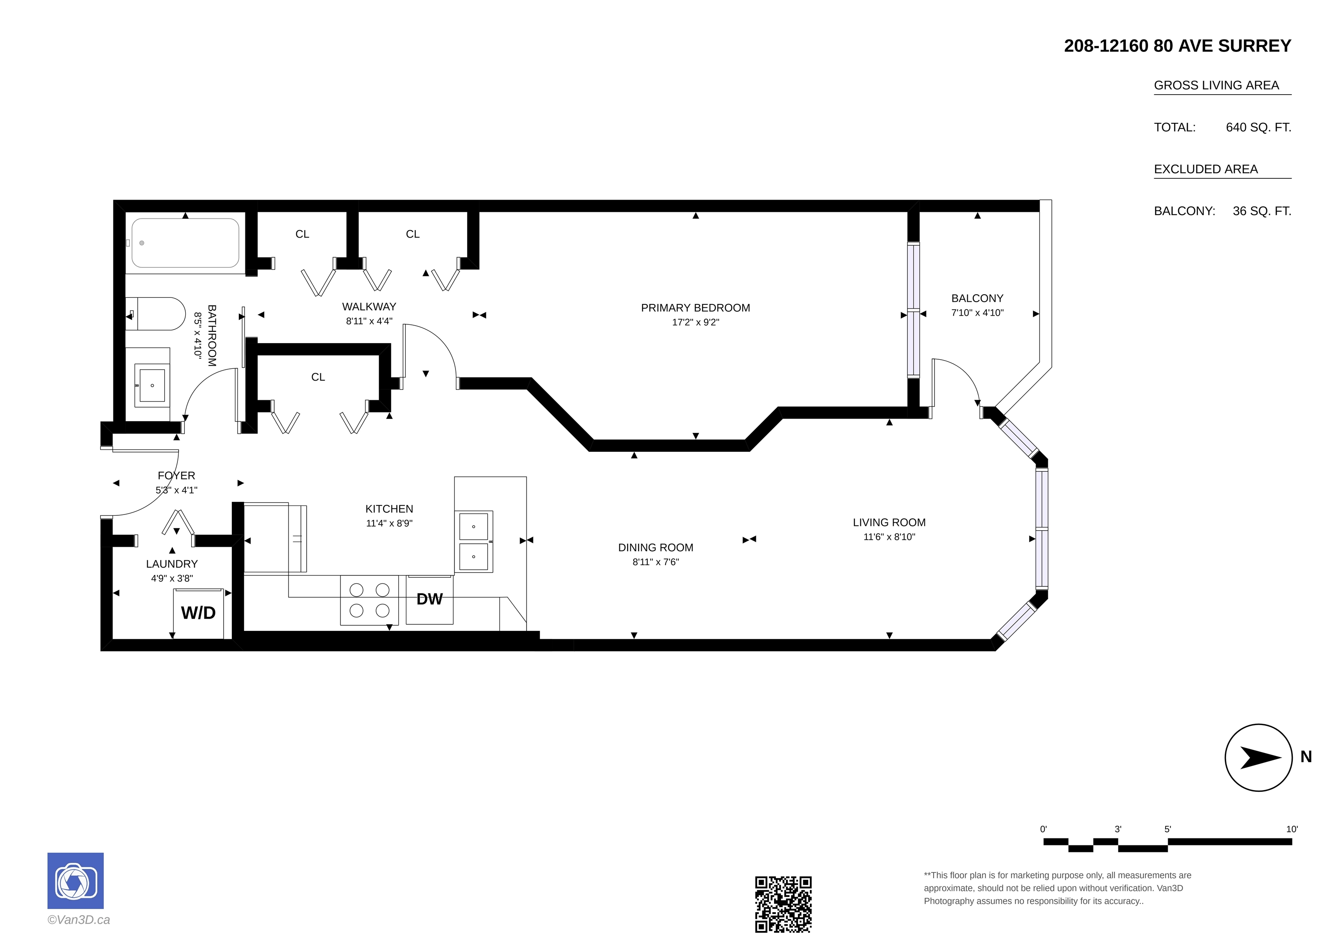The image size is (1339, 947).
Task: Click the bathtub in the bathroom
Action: coord(185,243)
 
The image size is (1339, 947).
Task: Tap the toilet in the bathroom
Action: coord(156,314)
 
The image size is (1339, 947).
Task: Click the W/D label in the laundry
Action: coord(198,613)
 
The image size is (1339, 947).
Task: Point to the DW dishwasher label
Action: coord(430,599)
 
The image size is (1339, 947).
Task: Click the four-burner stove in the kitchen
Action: coord(370,600)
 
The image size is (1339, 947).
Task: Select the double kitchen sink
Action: coord(473,542)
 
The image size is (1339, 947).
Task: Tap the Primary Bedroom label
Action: coord(696,308)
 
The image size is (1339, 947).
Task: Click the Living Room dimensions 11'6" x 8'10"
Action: coord(889,537)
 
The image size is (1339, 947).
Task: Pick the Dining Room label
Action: coord(656,548)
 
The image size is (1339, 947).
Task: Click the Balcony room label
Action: coord(977,298)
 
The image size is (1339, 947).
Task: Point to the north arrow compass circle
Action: coord(1259,757)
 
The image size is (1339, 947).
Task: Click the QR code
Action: coord(783,904)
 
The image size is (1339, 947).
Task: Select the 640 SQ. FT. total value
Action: coord(1258,127)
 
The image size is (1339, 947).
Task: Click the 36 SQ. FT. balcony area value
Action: coord(1262,211)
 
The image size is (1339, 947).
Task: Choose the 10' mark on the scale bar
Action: coord(1292,829)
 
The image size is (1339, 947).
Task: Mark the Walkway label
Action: coord(369,307)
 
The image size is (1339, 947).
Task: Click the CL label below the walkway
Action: coord(318,378)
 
